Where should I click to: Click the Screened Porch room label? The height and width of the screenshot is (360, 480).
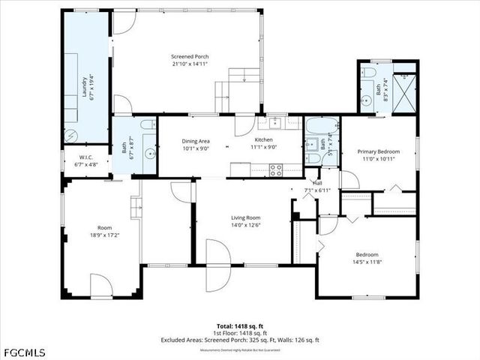(x=190, y=57)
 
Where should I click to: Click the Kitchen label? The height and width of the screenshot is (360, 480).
(x=264, y=140)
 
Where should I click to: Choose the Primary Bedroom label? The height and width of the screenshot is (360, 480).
(x=378, y=151)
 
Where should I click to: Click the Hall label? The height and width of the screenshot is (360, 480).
(x=317, y=183)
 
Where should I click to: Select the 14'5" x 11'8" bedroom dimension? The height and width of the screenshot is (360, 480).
(x=367, y=262)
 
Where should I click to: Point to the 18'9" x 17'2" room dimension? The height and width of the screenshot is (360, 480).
(x=104, y=235)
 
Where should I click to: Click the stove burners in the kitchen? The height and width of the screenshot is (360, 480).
(x=276, y=170)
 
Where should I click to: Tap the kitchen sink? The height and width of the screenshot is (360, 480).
(x=275, y=122)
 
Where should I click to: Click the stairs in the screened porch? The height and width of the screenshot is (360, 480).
(x=234, y=88)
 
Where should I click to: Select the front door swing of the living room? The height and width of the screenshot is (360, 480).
(x=216, y=266)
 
